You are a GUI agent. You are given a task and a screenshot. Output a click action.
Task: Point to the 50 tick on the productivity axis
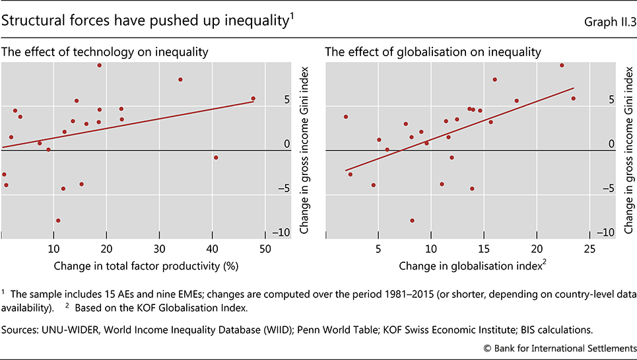pyautogui.click(x=265, y=249)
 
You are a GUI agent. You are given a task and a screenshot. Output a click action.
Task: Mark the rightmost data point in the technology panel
pyautogui.click(x=253, y=98)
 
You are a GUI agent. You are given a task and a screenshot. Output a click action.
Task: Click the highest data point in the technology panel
pyautogui.click(x=99, y=65)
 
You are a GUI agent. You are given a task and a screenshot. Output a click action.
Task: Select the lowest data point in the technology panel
pyautogui.click(x=58, y=221)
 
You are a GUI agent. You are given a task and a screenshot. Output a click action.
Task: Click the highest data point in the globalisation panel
pyautogui.click(x=562, y=65)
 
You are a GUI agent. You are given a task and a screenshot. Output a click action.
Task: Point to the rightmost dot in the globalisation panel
pyautogui.click(x=573, y=98)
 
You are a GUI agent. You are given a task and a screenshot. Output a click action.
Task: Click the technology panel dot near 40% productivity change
pyautogui.click(x=216, y=157)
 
